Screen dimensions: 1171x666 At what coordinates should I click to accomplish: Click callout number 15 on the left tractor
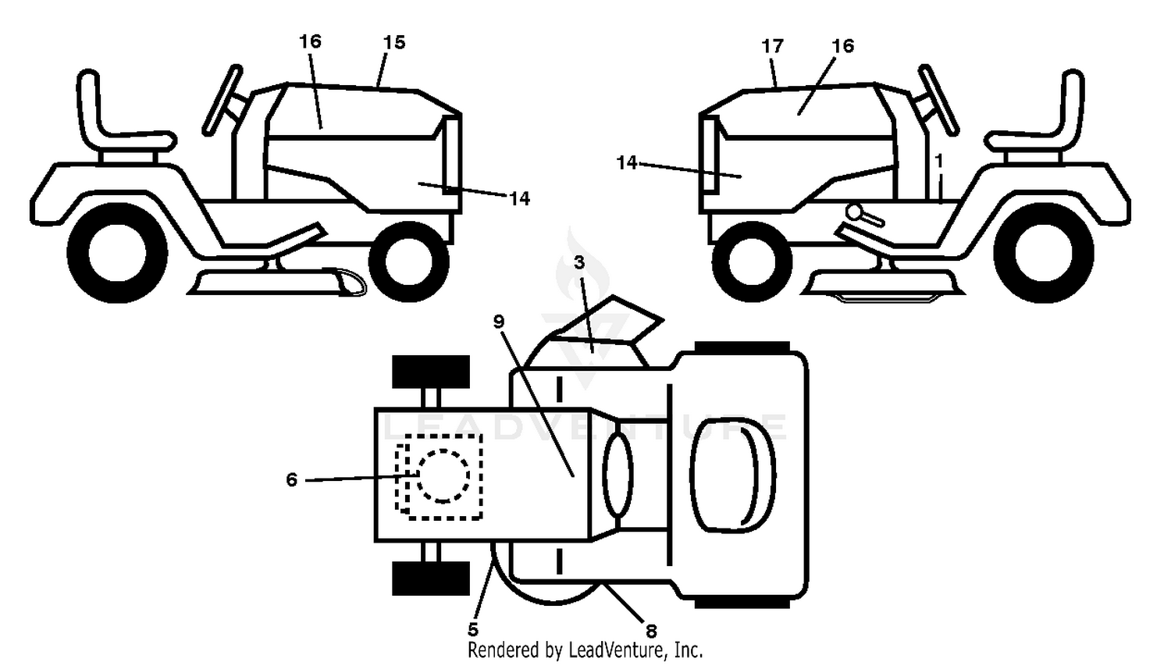click(394, 42)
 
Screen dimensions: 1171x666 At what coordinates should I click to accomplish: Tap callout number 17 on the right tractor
click(772, 47)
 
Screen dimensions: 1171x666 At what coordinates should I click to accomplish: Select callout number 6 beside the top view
click(292, 479)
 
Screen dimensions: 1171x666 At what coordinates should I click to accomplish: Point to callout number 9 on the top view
click(499, 322)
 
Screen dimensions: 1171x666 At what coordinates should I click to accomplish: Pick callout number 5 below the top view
click(472, 629)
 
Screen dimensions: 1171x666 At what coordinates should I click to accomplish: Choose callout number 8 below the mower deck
click(651, 631)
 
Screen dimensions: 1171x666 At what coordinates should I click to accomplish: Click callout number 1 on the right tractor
click(939, 161)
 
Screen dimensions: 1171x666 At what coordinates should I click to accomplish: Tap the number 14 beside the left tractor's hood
click(519, 198)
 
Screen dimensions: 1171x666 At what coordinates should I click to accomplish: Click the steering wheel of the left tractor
click(222, 101)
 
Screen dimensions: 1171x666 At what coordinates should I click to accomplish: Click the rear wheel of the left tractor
click(118, 253)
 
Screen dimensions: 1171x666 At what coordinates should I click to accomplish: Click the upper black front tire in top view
click(431, 372)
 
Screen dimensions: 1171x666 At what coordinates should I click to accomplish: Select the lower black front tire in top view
click(431, 579)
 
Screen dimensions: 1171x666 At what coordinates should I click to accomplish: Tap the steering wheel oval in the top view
click(618, 475)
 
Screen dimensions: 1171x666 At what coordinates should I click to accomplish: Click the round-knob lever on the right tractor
click(864, 215)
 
